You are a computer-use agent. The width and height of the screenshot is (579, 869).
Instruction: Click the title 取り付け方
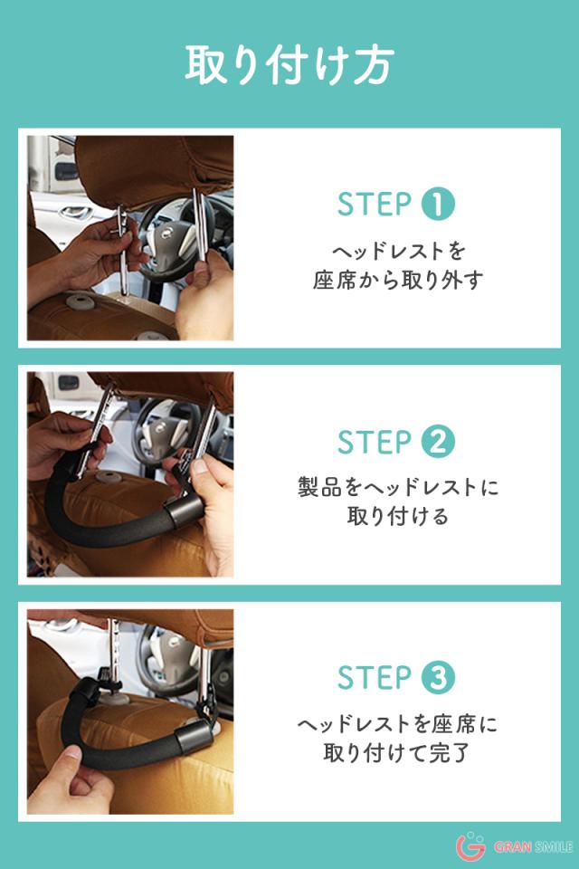[289, 65]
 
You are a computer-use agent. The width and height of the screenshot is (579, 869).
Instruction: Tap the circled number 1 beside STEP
[438, 204]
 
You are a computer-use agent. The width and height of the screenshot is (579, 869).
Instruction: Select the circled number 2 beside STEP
[438, 442]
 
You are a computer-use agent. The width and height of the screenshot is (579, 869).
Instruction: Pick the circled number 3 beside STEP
[438, 677]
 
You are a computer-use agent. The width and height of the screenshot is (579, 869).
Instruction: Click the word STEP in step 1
[375, 204]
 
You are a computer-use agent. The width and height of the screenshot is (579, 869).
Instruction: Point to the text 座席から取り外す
[398, 281]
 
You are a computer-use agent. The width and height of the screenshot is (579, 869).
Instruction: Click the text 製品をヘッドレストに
[398, 487]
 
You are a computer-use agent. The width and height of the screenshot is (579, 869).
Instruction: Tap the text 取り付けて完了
[397, 753]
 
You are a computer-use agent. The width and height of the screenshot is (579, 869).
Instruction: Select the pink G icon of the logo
[470, 846]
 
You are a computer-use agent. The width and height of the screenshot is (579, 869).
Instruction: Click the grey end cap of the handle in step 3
[194, 739]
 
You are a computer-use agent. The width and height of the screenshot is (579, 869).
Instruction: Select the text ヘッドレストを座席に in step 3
[398, 724]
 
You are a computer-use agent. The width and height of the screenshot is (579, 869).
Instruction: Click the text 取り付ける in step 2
[398, 516]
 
